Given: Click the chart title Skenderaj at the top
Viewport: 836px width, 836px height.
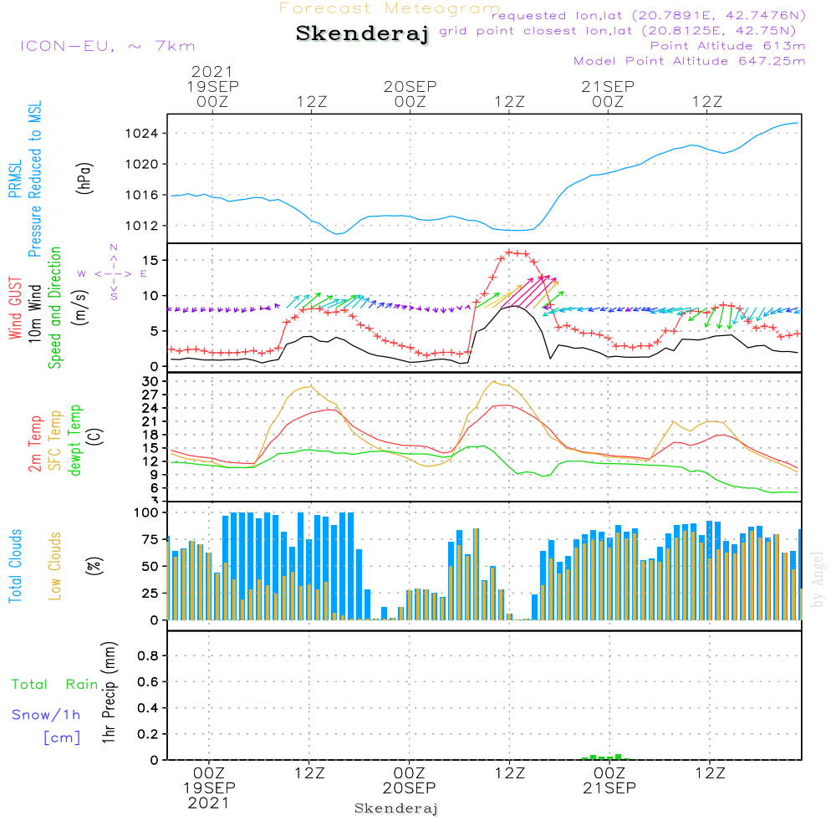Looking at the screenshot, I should click(361, 33).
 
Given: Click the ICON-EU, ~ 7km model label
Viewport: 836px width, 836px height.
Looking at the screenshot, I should click(107, 46).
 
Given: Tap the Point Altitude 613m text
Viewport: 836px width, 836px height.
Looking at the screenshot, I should click(727, 46).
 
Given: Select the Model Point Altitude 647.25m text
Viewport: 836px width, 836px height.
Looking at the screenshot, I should click(690, 61).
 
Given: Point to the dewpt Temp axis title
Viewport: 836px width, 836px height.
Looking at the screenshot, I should click(76, 441).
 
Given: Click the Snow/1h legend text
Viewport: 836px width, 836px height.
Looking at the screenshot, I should click(47, 716).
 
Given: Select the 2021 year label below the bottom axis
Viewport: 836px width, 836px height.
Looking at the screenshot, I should click(209, 803).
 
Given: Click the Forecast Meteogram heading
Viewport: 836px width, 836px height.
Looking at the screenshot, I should click(390, 8).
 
